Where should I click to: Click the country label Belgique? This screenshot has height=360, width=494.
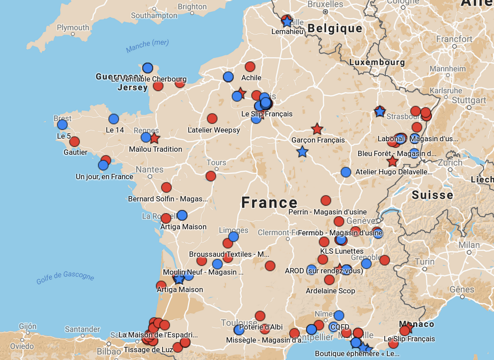click(335, 29)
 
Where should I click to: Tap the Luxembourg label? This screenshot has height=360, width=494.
click(377, 62)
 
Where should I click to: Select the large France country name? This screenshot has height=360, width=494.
click(269, 203)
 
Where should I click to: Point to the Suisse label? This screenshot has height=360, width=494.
click(433, 195)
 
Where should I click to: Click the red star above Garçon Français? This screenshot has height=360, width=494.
click(317, 129)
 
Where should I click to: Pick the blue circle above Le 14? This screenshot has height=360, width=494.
click(114, 119)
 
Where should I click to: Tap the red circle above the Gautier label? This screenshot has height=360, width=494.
click(74, 142)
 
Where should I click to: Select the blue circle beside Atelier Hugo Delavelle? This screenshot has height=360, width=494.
click(346, 172)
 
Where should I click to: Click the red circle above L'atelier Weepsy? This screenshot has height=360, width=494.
click(212, 119)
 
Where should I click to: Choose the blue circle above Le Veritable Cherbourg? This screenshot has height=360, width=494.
click(148, 68)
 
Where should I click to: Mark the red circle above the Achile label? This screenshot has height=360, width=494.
click(250, 67)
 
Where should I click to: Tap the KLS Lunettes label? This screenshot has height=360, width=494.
click(342, 251)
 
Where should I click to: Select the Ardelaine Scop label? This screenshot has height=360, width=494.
click(330, 291)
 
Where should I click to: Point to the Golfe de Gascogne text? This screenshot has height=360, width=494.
click(65, 277)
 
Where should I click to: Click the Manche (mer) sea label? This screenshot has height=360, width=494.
click(147, 45)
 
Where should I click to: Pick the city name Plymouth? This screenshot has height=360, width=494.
click(73, 27)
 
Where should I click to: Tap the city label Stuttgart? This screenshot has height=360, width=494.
click(469, 100)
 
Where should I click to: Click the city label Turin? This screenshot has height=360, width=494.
click(424, 262)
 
